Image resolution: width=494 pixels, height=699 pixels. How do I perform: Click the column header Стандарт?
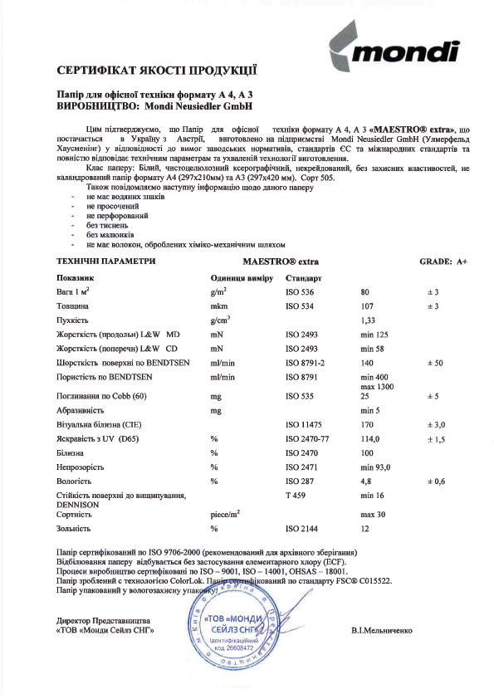[x=303, y=276]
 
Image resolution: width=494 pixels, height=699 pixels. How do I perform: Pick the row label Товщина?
[x=74, y=306]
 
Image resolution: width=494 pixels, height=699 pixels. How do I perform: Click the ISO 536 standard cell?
[x=301, y=292]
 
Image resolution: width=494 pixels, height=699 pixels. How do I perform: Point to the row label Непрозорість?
[x=83, y=467]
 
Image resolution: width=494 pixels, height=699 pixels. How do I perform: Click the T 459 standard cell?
[x=296, y=495]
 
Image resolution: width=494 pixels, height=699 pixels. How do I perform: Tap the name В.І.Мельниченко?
[x=382, y=632]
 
